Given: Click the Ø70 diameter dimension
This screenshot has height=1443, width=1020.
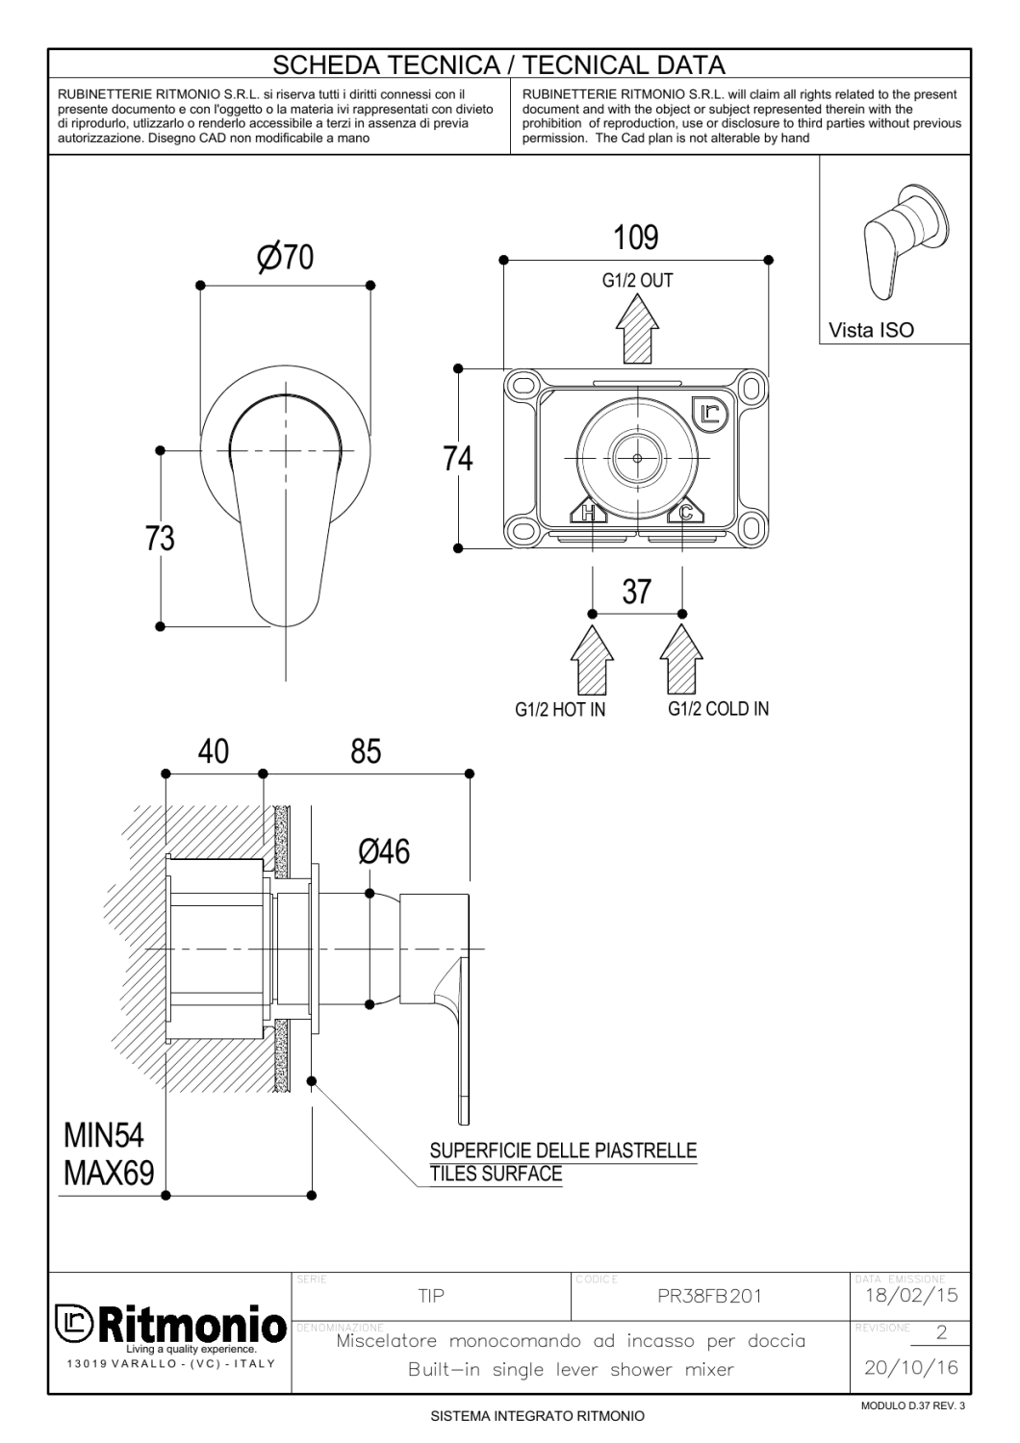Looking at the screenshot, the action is click(285, 257).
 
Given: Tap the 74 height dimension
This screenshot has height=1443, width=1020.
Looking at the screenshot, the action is click(457, 459).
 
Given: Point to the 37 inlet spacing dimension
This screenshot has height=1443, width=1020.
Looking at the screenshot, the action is click(637, 592).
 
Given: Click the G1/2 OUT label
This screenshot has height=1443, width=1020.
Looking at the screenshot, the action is click(637, 281).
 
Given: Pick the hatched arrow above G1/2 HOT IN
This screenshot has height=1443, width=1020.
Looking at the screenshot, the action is click(592, 659).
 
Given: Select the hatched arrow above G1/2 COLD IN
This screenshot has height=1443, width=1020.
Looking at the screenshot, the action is click(681, 659).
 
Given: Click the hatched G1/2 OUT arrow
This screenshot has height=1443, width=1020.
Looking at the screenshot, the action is click(637, 329).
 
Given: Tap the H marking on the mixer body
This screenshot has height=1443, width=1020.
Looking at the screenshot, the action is click(588, 513).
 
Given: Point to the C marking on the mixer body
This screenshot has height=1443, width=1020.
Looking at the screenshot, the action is click(685, 513).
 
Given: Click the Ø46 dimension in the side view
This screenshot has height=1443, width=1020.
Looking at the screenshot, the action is click(384, 851).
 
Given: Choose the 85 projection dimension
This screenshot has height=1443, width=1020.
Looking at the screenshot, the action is click(366, 751).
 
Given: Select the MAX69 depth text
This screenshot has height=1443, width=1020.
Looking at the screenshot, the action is click(109, 1173).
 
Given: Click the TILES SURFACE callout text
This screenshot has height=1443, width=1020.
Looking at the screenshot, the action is click(497, 1174).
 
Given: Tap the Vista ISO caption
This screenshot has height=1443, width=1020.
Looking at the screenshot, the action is click(871, 330).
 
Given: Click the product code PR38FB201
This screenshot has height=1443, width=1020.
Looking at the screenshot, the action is click(709, 1296).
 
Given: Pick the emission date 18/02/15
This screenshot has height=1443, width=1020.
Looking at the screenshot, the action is click(911, 1295).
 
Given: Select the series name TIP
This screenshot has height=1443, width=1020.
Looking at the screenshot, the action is click(431, 1296).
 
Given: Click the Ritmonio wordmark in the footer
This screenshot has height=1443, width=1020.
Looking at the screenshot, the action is click(191, 1326).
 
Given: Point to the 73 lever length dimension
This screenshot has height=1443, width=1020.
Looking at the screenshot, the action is click(160, 539).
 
